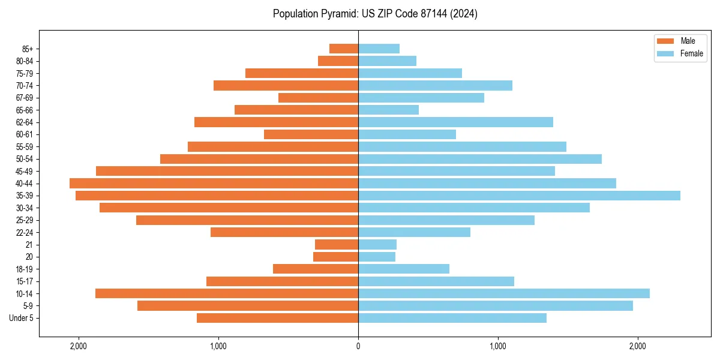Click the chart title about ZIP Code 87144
[x=375, y=14]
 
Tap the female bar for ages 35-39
[x=519, y=196]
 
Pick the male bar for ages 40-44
[x=214, y=184]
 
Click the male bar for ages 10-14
[x=227, y=293]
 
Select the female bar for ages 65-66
[x=388, y=110]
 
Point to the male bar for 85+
[x=344, y=49]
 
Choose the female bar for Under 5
[x=452, y=318]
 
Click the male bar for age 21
[x=337, y=245]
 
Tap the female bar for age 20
[x=377, y=257]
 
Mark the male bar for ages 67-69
[x=318, y=98]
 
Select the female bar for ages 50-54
[x=480, y=159]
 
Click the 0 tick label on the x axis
[x=358, y=346]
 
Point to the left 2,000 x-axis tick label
[x=79, y=346]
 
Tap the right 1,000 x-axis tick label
[x=498, y=346]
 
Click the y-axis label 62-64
[x=25, y=122]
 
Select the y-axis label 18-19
[x=25, y=269]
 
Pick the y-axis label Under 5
[x=22, y=318]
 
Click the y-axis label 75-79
[x=25, y=73]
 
